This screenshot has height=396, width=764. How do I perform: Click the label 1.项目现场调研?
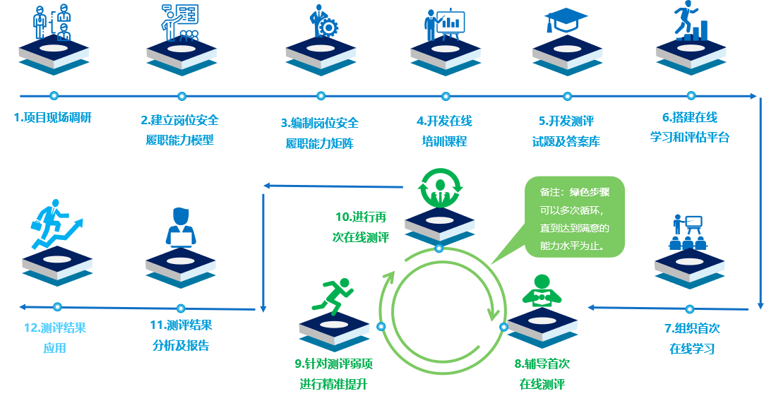coord(53,118)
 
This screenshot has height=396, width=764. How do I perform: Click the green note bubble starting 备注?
coord(573,217)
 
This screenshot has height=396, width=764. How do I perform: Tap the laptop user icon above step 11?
coord(180,228)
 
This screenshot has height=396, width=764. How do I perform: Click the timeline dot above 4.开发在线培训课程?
coord(446,97)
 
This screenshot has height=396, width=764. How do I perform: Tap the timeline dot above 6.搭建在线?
coord(691,96)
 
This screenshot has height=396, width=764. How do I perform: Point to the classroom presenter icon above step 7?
coord(687,232)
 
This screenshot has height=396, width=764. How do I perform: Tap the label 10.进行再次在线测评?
coord(361,227)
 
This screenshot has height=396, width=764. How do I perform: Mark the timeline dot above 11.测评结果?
coord(181,308)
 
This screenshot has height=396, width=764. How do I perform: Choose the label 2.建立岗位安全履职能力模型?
coord(179,130)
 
